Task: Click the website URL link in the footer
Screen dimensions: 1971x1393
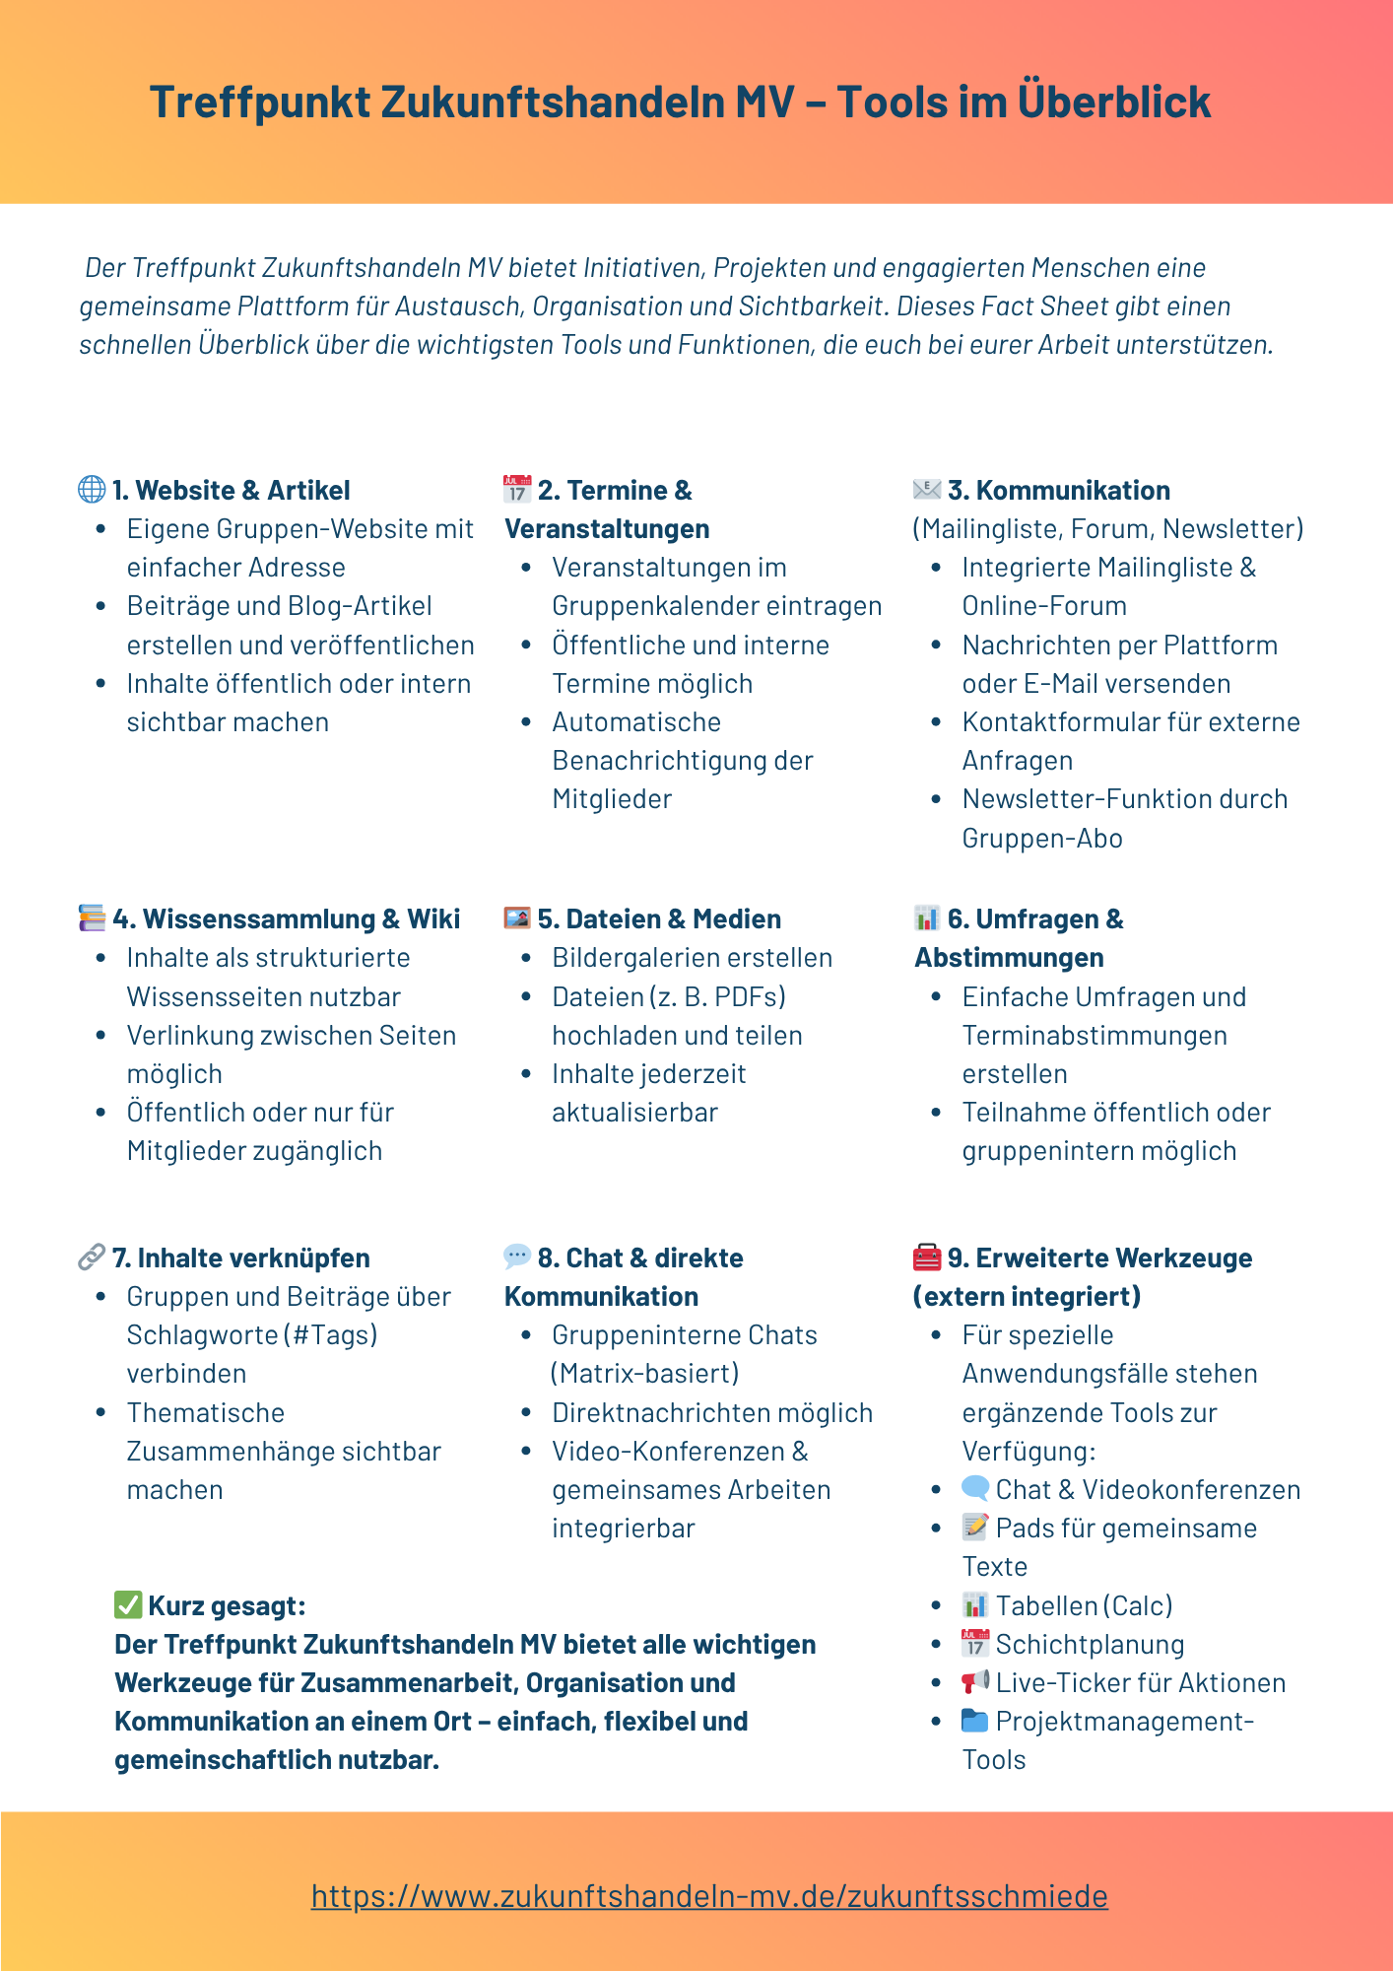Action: click(709, 1896)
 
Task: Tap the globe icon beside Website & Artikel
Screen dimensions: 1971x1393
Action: click(92, 490)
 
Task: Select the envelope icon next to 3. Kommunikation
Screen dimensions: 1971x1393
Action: click(927, 489)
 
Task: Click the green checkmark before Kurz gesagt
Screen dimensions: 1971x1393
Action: click(128, 1605)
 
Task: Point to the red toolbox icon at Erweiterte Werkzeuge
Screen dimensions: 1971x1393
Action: click(927, 1257)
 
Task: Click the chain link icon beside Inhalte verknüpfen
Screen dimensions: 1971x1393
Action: click(92, 1257)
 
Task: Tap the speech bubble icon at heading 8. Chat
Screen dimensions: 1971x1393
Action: click(517, 1257)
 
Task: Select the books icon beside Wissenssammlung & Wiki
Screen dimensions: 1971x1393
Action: click(92, 918)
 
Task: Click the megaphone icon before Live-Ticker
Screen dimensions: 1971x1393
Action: click(975, 1682)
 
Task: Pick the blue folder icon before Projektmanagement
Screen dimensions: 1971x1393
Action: click(975, 1721)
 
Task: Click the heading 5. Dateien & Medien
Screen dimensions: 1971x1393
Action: click(658, 918)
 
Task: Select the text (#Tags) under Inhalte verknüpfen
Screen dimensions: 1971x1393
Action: click(331, 1335)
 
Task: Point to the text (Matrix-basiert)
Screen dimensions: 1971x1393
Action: click(645, 1374)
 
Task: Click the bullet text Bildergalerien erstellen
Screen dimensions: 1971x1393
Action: click(692, 958)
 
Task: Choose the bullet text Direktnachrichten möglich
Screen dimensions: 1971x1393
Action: click(711, 1412)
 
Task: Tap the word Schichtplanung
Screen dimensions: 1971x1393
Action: click(1090, 1644)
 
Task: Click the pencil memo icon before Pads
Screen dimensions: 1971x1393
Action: click(975, 1528)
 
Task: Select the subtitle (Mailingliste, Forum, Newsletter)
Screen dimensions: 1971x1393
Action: click(1108, 529)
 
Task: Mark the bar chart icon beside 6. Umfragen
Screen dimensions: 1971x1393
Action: click(927, 918)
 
